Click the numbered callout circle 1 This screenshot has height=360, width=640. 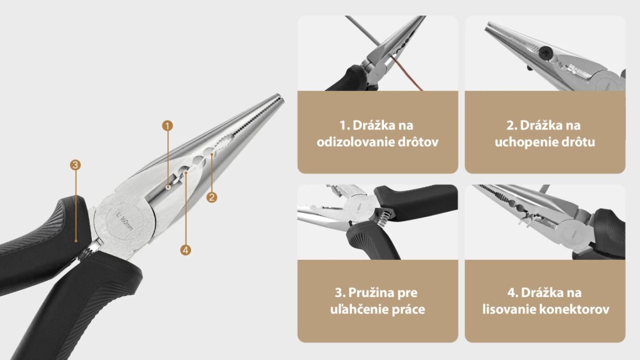[x=167, y=126]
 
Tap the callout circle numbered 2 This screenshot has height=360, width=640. [x=212, y=197]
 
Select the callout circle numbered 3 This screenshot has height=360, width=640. [x=75, y=165]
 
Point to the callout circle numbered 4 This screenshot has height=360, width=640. [x=186, y=250]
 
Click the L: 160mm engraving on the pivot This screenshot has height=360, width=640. [x=125, y=221]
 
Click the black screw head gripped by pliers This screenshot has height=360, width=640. [x=545, y=53]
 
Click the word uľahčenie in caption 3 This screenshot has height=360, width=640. [x=359, y=309]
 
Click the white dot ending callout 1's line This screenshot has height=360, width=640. [x=169, y=187]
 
